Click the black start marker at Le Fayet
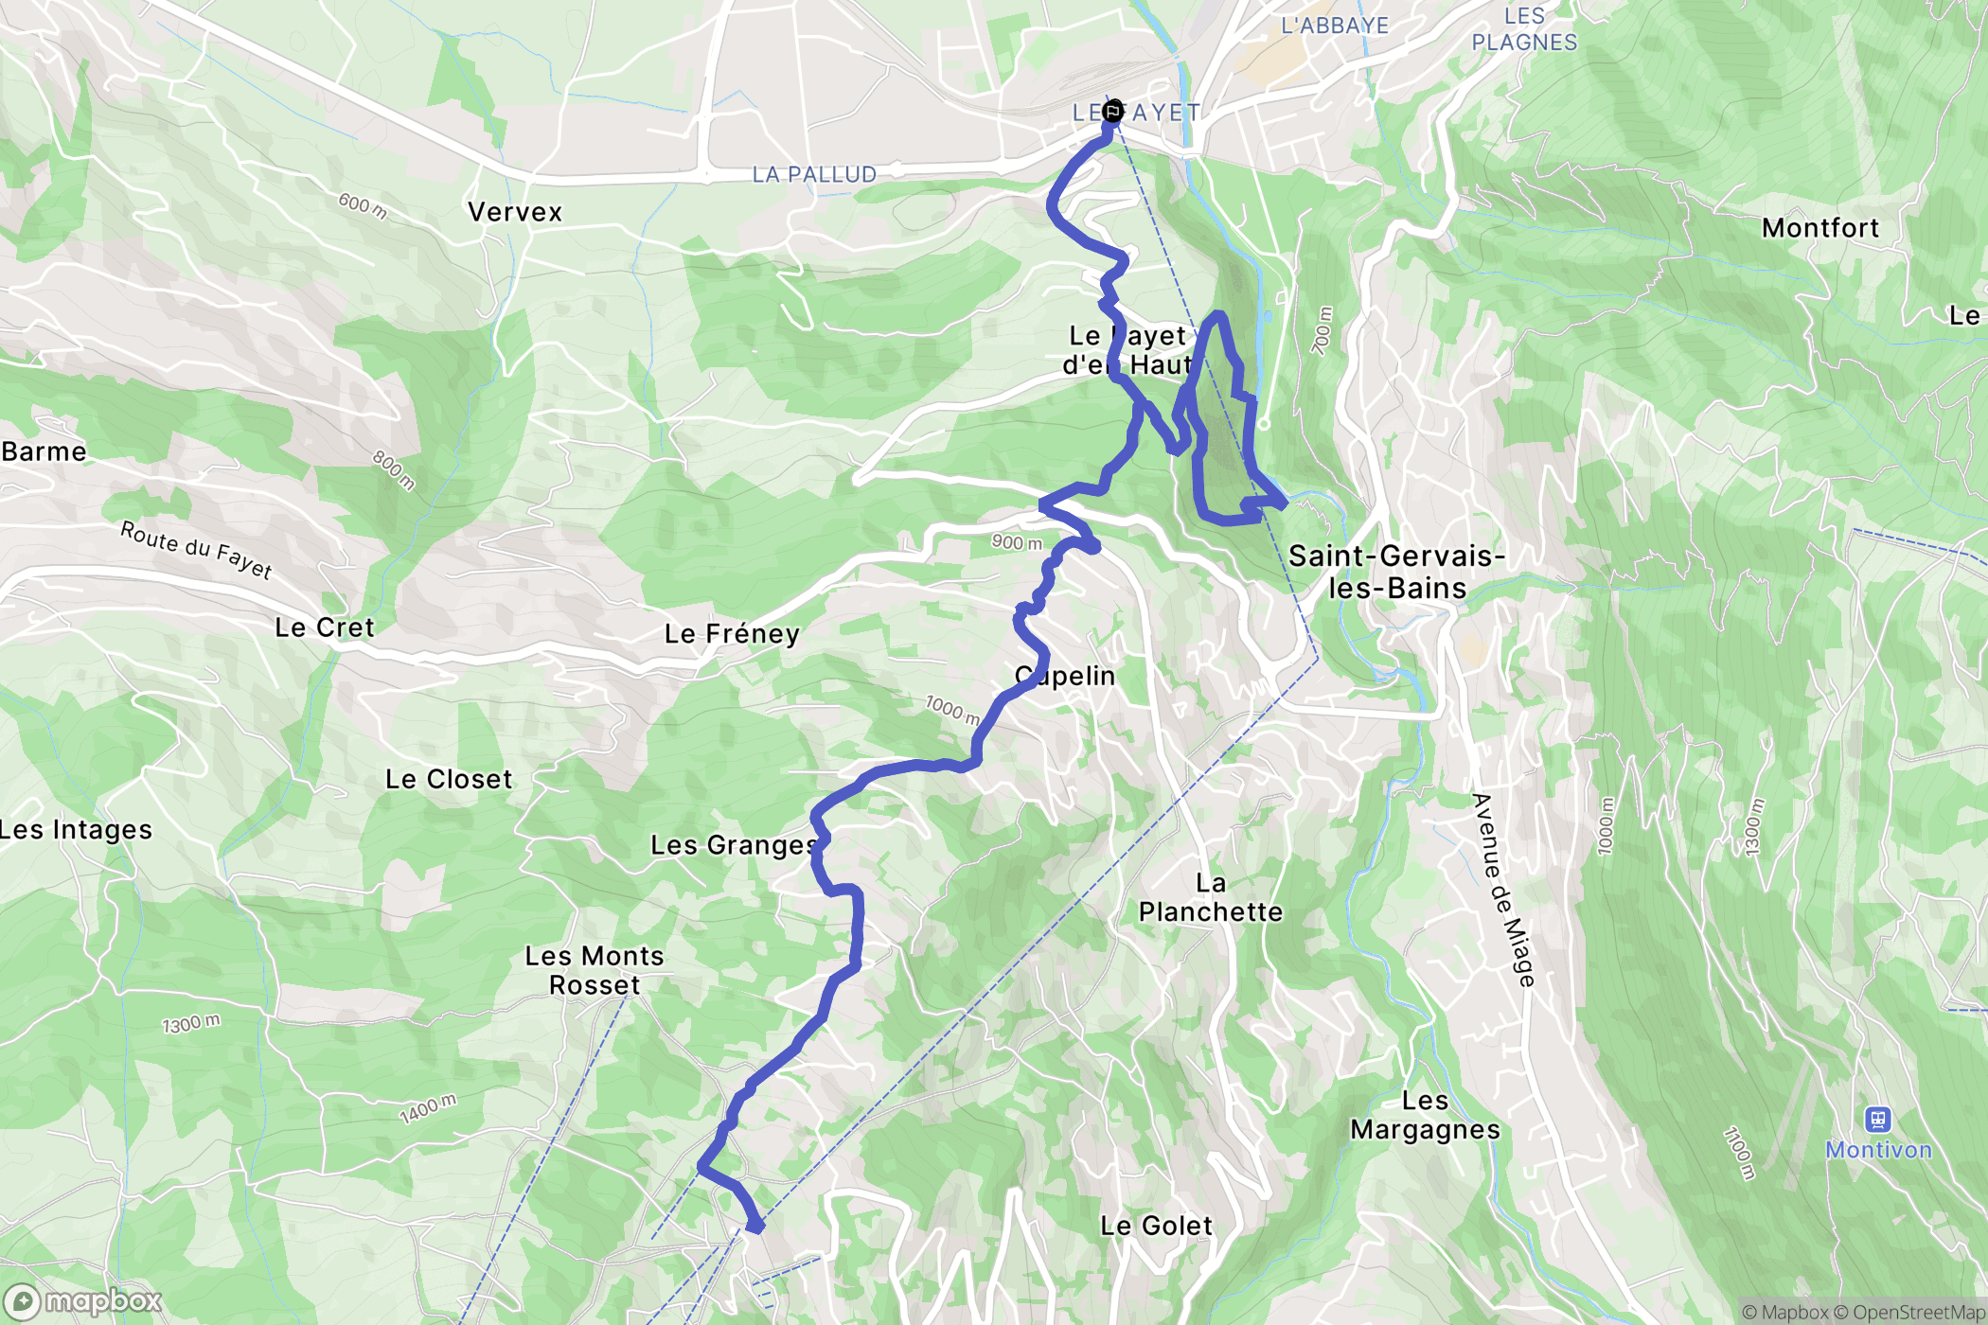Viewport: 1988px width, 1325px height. [1112, 111]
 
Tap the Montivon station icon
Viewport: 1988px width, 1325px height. [1877, 1120]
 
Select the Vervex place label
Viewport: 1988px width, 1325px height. [515, 212]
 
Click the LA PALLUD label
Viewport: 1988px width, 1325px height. [814, 175]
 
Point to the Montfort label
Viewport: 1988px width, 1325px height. [1819, 228]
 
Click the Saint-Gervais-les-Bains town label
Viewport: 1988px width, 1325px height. [1396, 572]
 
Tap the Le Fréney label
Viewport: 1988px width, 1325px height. [732, 633]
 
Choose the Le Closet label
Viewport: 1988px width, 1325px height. [449, 779]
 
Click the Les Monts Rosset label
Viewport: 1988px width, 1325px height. [595, 970]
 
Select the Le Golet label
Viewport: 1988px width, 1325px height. [1156, 1226]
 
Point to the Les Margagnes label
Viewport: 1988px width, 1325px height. [1425, 1115]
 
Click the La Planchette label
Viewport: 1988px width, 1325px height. [1210, 897]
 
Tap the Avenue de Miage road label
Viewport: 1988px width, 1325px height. [1503, 890]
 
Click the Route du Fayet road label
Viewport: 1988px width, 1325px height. [196, 550]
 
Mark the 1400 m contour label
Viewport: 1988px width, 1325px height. [428, 1107]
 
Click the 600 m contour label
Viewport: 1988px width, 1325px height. [363, 204]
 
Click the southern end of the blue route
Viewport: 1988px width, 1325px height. [754, 1227]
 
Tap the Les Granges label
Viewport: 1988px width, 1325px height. [734, 845]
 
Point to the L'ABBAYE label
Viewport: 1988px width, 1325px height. [1334, 26]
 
